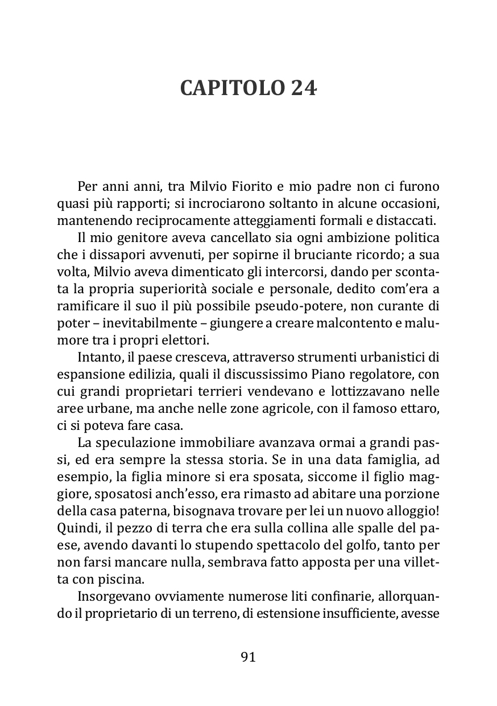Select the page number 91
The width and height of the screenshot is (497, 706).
(x=248, y=656)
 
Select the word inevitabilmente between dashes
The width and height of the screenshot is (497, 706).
(x=146, y=325)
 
